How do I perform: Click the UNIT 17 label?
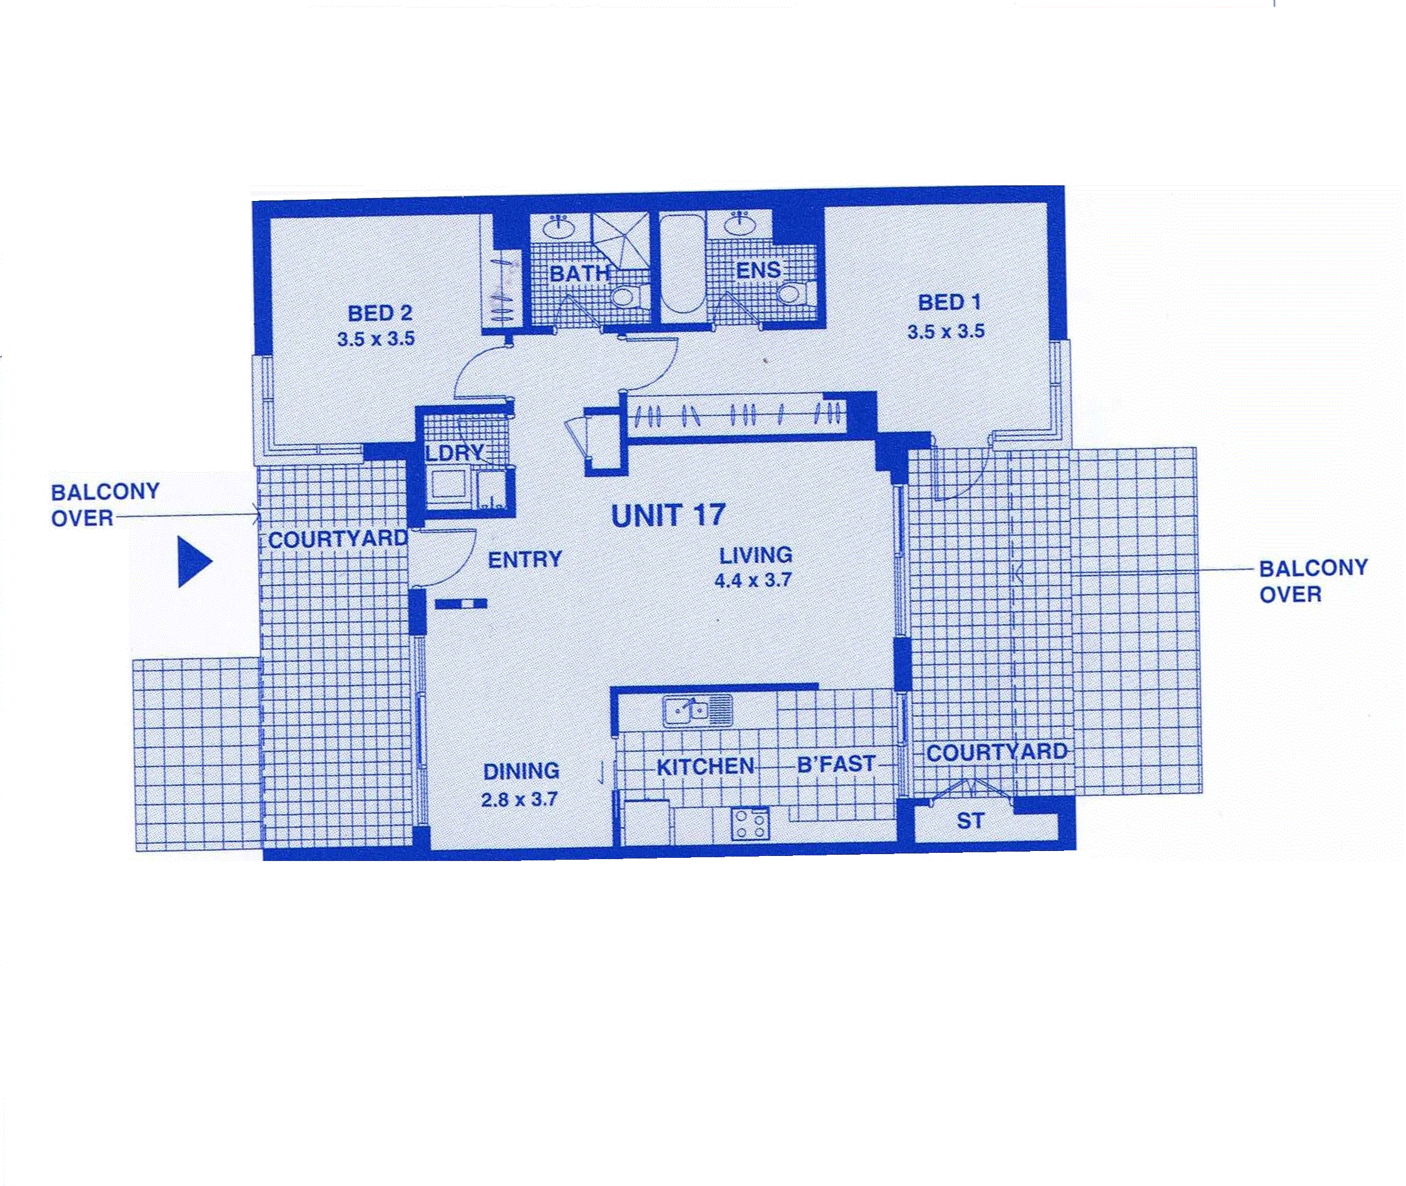click(x=668, y=516)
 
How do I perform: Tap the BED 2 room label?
click(x=380, y=313)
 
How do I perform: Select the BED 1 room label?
click(x=949, y=302)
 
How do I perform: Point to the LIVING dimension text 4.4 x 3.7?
click(x=753, y=580)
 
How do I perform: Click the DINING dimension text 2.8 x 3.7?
click(x=519, y=800)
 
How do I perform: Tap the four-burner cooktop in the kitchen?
click(x=750, y=823)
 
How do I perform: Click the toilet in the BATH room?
click(x=629, y=296)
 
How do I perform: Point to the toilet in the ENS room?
click(x=795, y=294)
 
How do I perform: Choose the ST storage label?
click(x=970, y=821)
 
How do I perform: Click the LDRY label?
click(x=455, y=453)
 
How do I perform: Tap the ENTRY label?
click(x=524, y=559)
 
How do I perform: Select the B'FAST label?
click(x=837, y=764)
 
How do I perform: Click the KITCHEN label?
click(x=705, y=766)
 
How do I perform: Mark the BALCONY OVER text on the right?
click(x=1313, y=581)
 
